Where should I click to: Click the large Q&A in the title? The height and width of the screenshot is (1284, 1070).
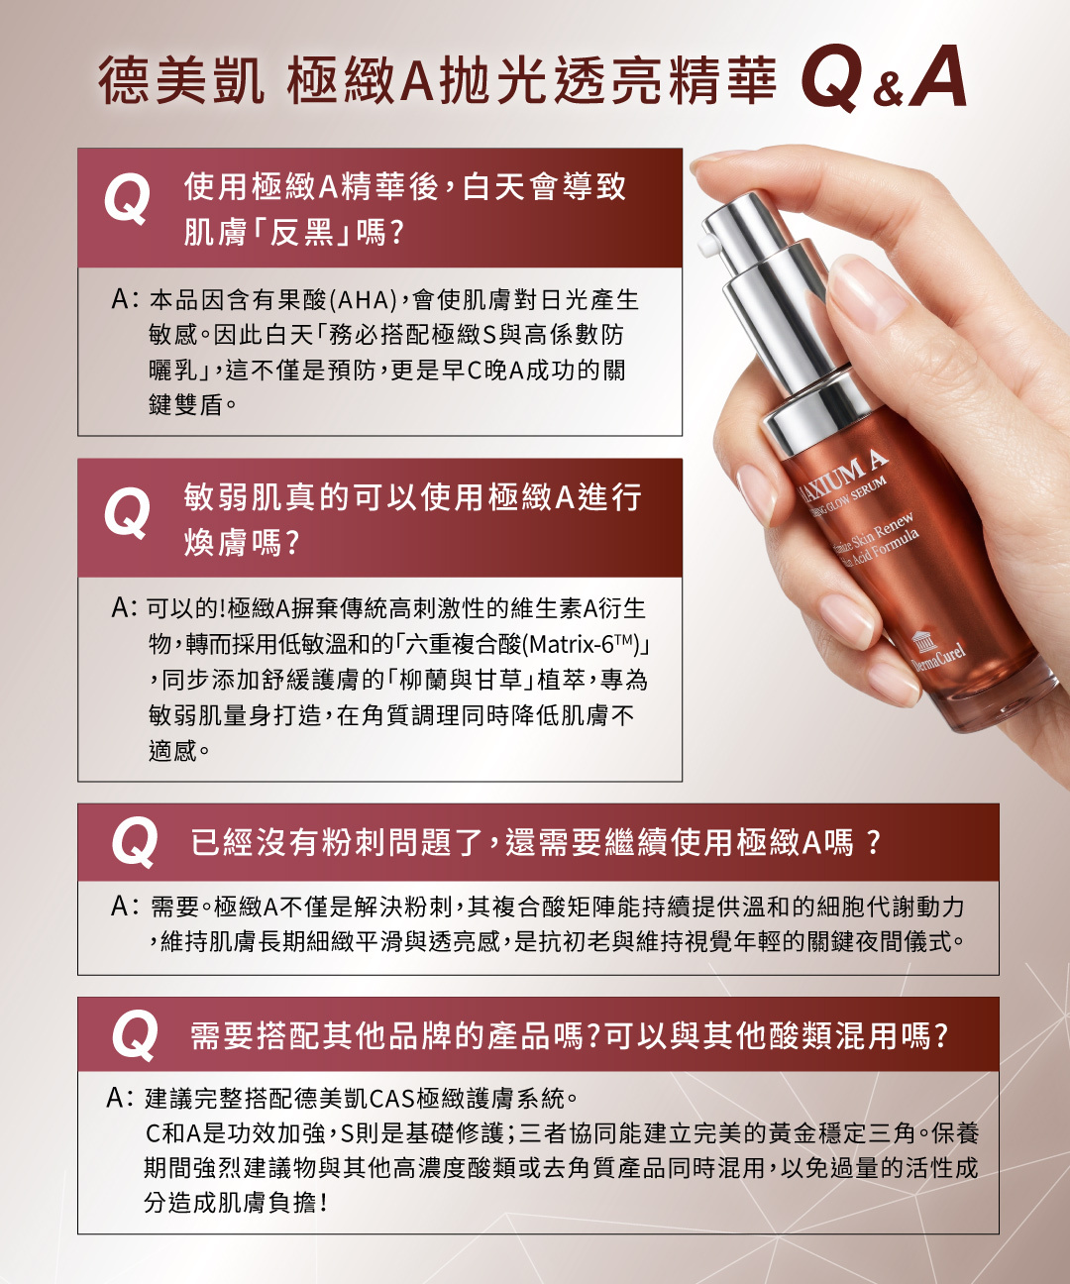coord(884,79)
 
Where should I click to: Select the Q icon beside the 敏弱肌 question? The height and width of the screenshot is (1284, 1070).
coord(127,511)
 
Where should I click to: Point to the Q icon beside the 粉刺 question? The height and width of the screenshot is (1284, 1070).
coord(135,842)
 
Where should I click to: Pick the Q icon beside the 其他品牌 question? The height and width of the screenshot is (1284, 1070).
coord(135,1035)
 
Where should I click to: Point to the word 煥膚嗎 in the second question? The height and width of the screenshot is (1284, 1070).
coord(241,543)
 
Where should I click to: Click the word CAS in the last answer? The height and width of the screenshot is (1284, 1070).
coord(393,1099)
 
